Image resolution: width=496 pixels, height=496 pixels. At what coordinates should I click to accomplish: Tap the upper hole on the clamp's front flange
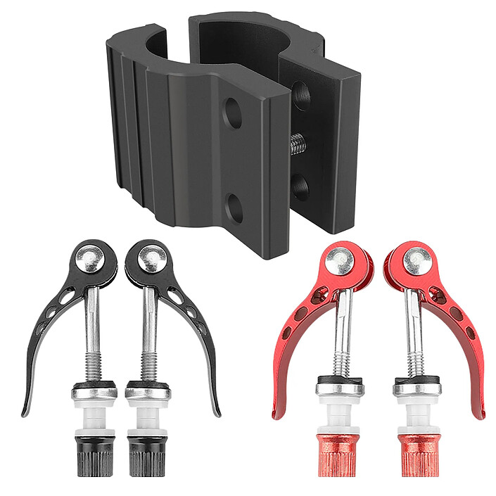[233, 113]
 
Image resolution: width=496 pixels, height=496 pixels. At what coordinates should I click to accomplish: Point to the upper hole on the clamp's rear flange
[300, 93]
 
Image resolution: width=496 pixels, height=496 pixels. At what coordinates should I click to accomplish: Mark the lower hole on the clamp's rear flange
[301, 186]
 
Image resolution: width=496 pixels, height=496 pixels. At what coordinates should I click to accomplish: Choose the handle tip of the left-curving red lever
[275, 414]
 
